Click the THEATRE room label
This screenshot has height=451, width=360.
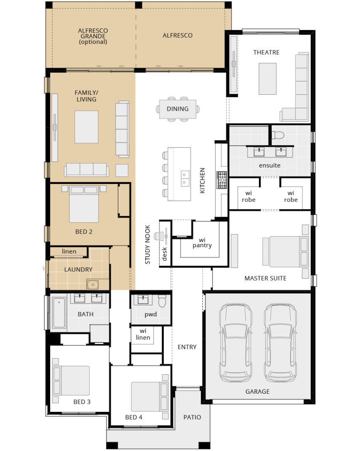click(x=266, y=52)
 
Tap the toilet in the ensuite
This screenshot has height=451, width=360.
click(x=278, y=135)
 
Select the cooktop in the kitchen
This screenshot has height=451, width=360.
click(x=221, y=180)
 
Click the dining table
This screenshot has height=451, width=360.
click(x=178, y=109)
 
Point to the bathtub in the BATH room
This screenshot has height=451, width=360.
click(x=59, y=312)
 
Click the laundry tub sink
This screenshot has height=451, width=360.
click(x=93, y=285)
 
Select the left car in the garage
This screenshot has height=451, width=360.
click(x=235, y=342)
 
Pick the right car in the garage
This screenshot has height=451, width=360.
click(x=280, y=342)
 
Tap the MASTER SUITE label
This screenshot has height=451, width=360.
click(x=265, y=278)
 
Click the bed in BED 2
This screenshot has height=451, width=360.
click(x=84, y=204)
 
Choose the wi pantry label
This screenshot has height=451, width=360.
click(x=202, y=243)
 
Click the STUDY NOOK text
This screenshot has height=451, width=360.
click(x=147, y=245)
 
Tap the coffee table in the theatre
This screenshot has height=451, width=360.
click(x=267, y=79)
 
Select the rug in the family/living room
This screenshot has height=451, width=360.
click(x=86, y=127)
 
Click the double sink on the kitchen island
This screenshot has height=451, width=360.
click(x=184, y=178)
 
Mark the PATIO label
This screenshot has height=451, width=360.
click(x=192, y=417)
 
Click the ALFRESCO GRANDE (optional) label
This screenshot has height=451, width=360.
click(x=93, y=36)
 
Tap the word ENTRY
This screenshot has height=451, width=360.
click(x=187, y=347)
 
